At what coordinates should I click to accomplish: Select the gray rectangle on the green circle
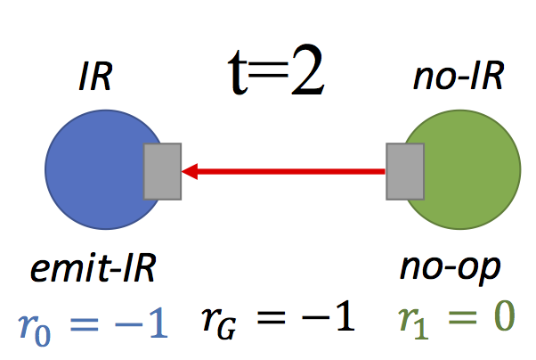click(404, 170)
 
